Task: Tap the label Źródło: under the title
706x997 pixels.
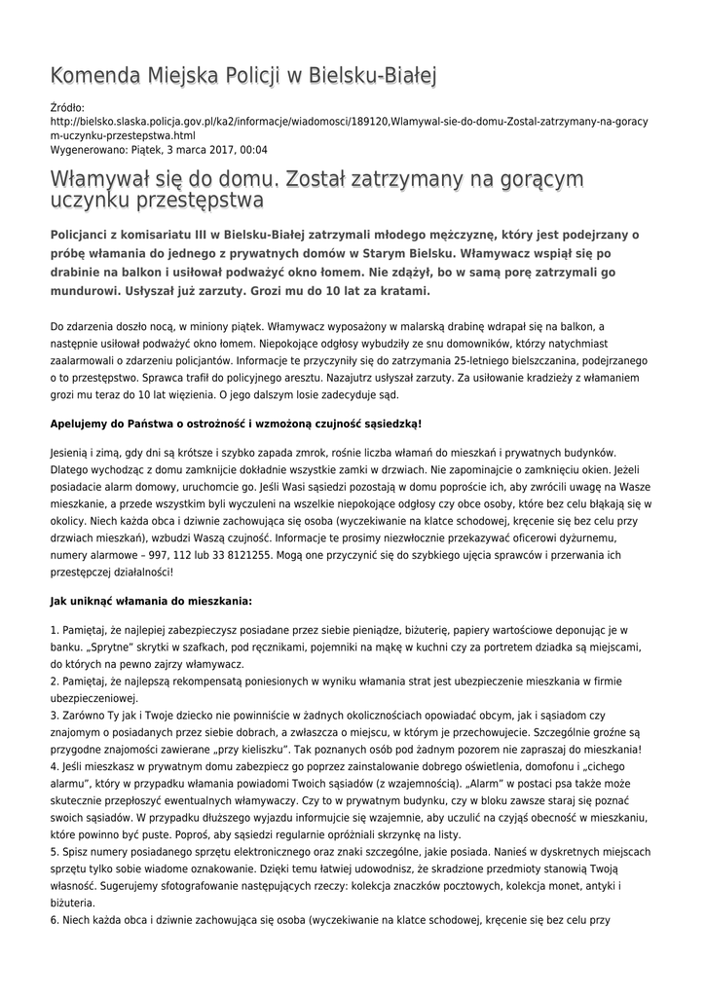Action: (x=67, y=107)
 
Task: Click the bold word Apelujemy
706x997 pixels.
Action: (x=82, y=425)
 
